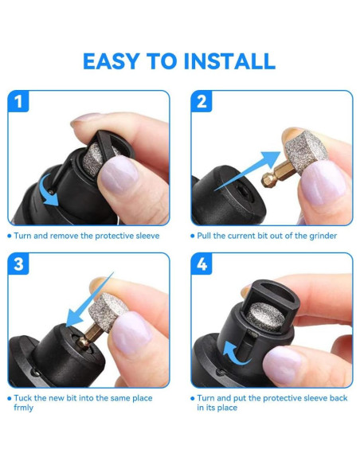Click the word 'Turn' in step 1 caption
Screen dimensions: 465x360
coord(24,236)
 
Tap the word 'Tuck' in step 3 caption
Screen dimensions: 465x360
coord(24,397)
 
